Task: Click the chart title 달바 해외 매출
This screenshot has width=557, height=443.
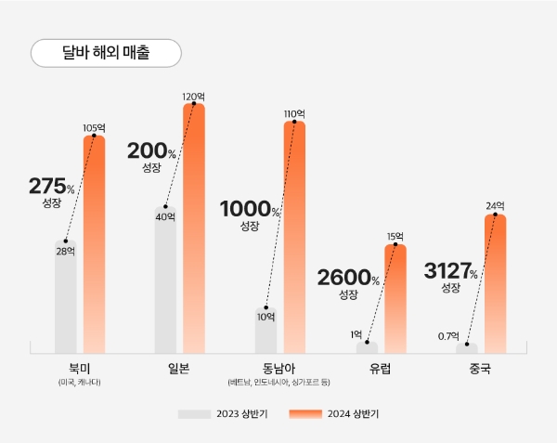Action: (106, 53)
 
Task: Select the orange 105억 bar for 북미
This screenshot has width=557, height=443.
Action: (95, 246)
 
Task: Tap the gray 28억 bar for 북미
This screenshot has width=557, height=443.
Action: (66, 297)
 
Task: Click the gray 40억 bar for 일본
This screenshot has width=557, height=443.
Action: (165, 279)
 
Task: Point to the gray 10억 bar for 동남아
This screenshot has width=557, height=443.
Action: (266, 330)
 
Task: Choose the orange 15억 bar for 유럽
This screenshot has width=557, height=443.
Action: (395, 297)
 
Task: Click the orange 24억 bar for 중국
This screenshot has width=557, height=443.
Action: (495, 283)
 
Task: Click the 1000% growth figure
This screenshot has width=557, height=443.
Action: (250, 209)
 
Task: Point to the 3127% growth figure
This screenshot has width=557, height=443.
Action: (450, 272)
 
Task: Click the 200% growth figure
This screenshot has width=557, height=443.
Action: (151, 151)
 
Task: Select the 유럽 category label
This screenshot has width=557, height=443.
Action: (380, 368)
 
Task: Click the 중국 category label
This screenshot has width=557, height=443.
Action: (480, 368)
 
